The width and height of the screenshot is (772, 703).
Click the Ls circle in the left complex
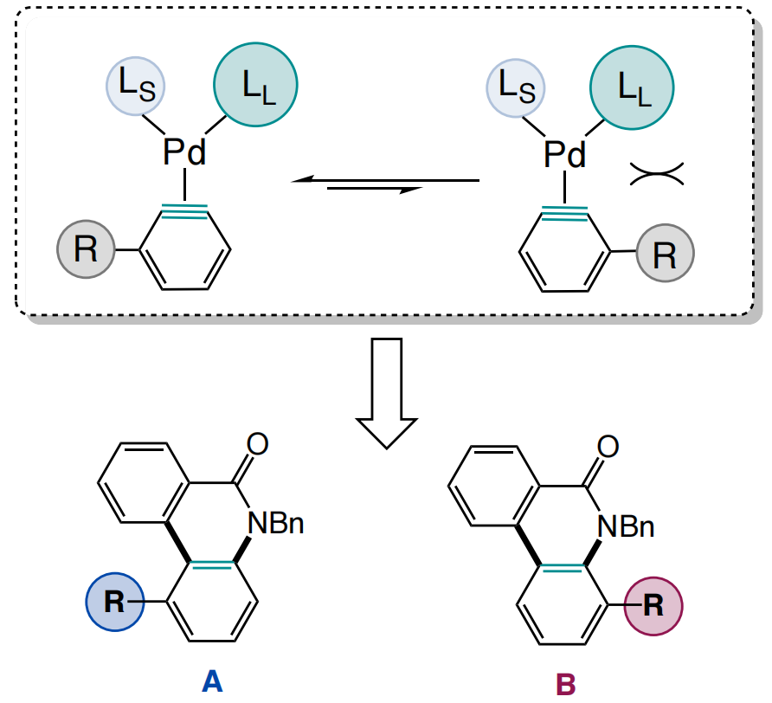tap(135, 88)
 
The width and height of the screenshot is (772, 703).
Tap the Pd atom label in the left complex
tap(185, 153)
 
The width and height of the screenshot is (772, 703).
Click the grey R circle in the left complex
tap(86, 250)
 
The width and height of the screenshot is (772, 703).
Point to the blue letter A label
tap(212, 680)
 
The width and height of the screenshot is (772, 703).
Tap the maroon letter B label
tap(565, 683)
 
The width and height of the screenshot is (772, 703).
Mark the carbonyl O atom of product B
tap(608, 446)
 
